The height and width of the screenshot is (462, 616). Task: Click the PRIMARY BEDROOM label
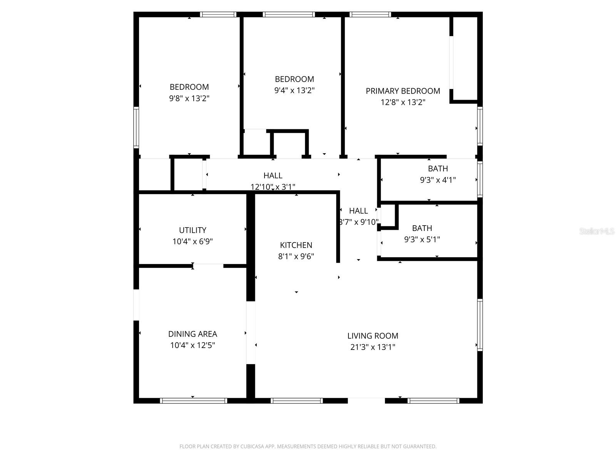pos(403,91)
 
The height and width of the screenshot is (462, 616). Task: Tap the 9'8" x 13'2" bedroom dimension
pos(189,98)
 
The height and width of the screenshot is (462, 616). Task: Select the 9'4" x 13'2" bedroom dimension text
pos(294,90)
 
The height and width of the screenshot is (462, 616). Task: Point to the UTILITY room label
pos(192,230)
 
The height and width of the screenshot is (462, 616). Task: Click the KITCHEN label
pos(296,245)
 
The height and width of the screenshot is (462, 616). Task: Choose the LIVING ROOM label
pos(373,336)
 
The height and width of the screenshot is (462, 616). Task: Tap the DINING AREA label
pos(192,334)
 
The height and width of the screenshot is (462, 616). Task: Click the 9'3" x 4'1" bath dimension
pos(438,180)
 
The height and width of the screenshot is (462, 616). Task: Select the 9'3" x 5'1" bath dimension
pos(422,239)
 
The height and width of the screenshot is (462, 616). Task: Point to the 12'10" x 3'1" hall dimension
pos(273,187)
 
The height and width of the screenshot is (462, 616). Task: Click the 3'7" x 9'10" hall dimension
pos(358,222)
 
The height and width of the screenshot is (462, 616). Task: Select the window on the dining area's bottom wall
pos(193,401)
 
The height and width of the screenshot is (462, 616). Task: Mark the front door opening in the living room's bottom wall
pos(366,400)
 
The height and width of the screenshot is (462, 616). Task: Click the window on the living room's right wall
pos(480,325)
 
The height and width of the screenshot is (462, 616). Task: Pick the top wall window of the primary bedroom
pos(370,15)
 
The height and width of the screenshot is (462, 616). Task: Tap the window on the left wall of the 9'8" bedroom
pos(136,127)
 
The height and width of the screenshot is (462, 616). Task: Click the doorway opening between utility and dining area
pos(208,266)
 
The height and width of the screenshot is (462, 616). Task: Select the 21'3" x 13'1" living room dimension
pos(373,347)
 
